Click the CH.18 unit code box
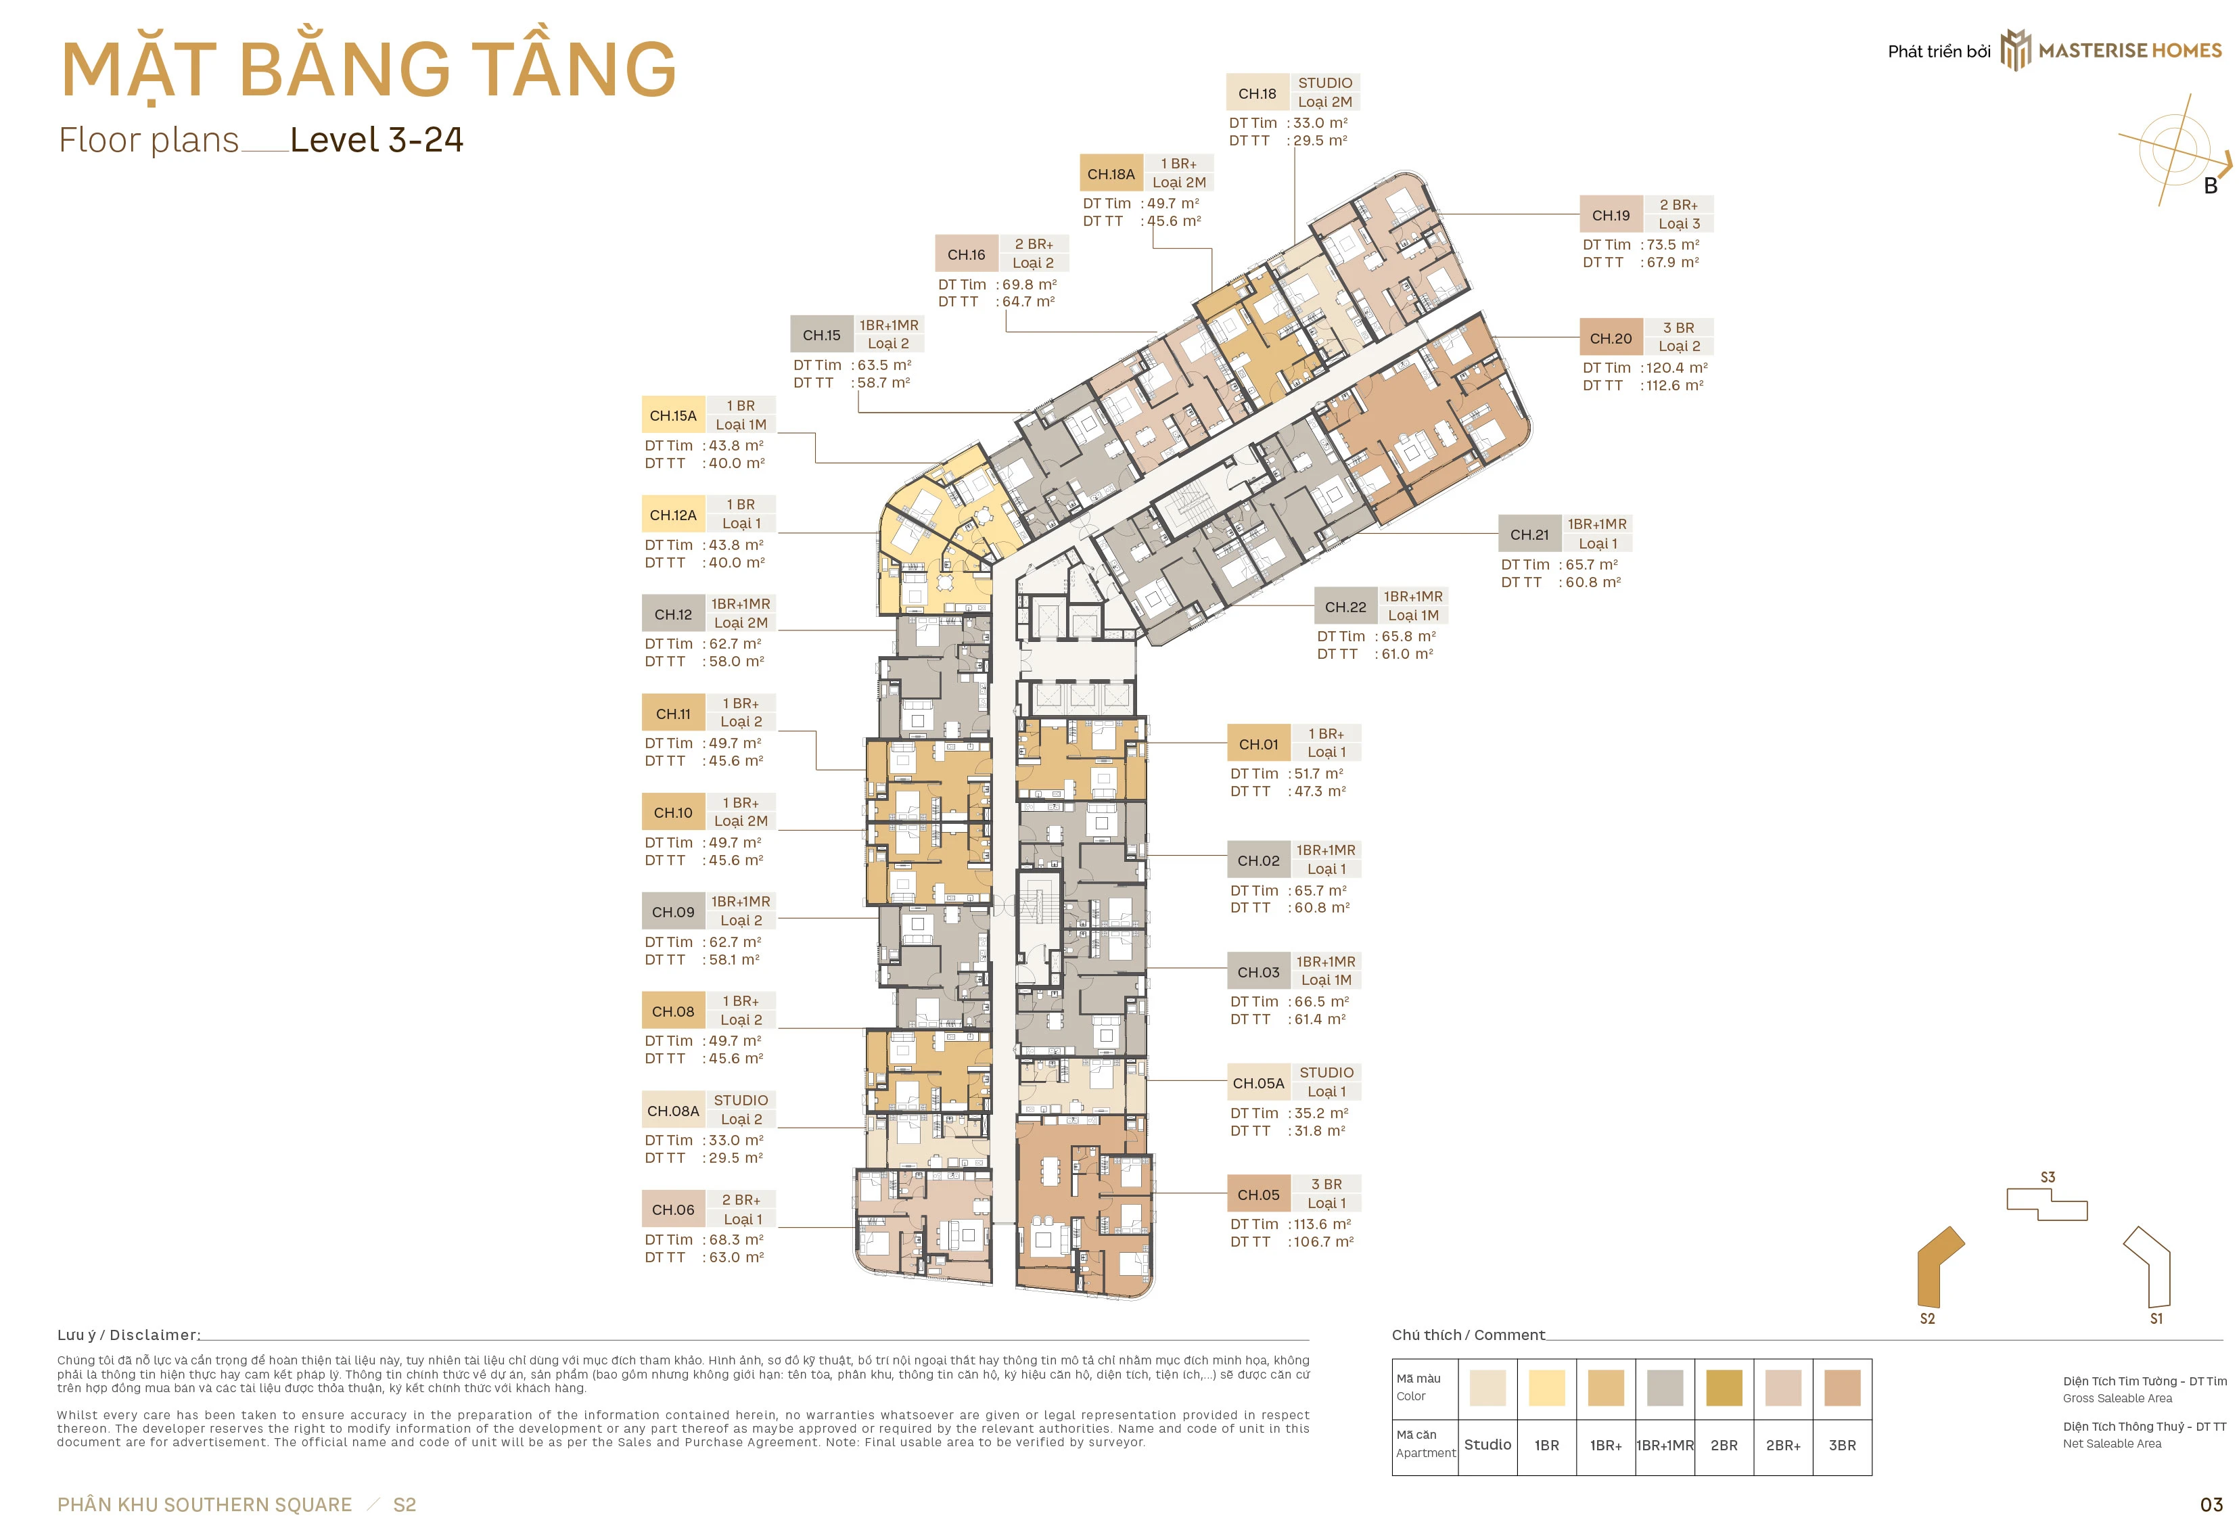point(1257,93)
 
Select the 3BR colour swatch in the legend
point(1842,1388)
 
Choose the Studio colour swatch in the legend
point(1487,1388)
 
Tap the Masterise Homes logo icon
point(2016,50)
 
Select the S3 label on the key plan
point(2048,1177)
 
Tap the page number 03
point(2211,1504)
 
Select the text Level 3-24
point(377,141)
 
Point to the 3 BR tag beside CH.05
point(1326,1184)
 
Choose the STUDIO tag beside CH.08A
point(741,1100)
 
